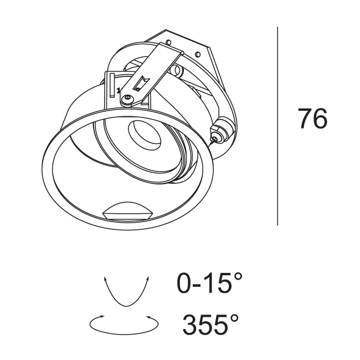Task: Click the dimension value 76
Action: pyautogui.click(x=312, y=119)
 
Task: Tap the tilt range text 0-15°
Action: pyautogui.click(x=210, y=282)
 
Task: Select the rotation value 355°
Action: pyautogui.click(x=210, y=325)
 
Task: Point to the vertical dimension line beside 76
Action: pyautogui.click(x=277, y=126)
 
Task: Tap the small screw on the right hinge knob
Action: pyautogui.click(x=215, y=138)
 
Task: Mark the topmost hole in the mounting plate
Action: pyautogui.click(x=169, y=42)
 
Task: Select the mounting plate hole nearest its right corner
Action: pyautogui.click(x=198, y=54)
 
